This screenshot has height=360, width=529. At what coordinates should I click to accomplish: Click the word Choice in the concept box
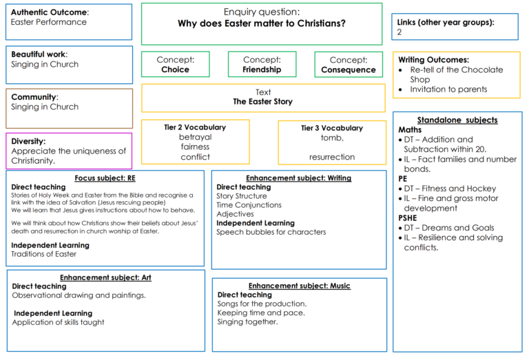(x=175, y=70)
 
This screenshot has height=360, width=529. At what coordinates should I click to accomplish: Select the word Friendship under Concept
(x=262, y=70)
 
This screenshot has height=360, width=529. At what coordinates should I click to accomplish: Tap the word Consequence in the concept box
(x=348, y=70)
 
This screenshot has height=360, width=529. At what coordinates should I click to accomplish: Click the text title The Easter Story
(x=263, y=101)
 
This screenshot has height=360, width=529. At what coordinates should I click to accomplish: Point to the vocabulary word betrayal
(x=196, y=137)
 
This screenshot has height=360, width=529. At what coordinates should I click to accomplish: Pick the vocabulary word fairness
(x=195, y=147)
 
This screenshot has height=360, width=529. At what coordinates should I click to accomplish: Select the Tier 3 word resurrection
(x=332, y=157)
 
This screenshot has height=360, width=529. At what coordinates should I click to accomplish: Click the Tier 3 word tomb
(x=332, y=138)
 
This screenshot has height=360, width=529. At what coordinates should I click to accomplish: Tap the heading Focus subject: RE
(x=105, y=178)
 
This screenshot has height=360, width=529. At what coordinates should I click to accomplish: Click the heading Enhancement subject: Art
(x=105, y=277)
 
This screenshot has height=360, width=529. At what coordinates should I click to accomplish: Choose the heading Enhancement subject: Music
(x=300, y=286)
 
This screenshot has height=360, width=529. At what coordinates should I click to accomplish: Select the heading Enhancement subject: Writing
(x=298, y=178)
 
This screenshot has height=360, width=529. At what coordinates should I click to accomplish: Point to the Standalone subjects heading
(x=457, y=120)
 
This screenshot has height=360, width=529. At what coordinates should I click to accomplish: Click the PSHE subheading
(x=408, y=218)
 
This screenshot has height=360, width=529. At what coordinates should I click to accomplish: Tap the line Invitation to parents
(x=448, y=89)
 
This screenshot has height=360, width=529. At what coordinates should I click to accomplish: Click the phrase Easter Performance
(x=49, y=22)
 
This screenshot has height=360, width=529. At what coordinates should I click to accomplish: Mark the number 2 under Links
(x=400, y=32)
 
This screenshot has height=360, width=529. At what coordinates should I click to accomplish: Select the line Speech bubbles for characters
(x=271, y=232)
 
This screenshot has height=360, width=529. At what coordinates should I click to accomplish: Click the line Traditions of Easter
(x=44, y=254)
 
